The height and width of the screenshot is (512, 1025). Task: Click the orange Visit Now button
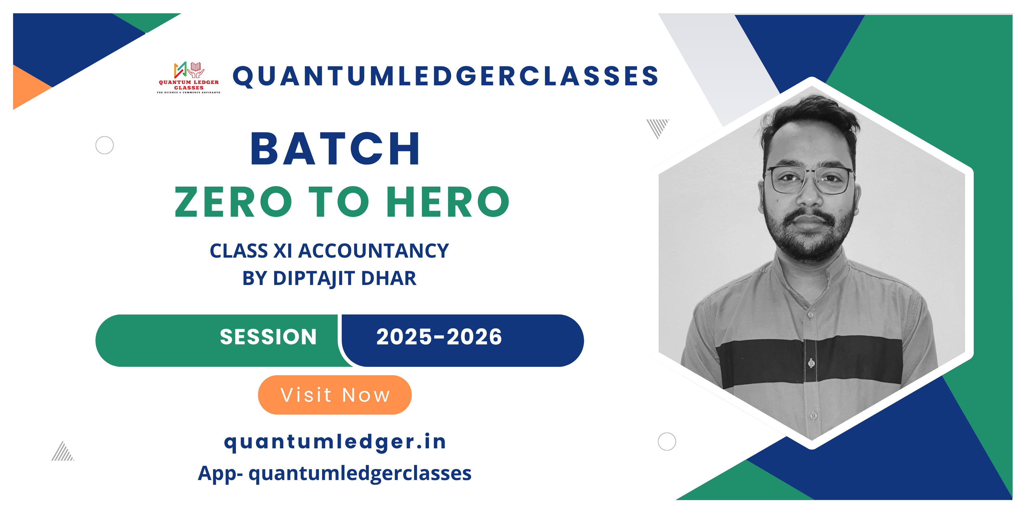click(335, 395)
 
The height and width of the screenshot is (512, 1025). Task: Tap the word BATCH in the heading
click(335, 149)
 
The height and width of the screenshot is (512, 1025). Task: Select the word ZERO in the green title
click(233, 202)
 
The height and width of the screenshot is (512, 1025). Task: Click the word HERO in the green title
click(448, 202)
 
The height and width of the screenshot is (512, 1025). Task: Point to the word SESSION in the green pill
click(268, 337)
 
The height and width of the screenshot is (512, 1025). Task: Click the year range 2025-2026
click(439, 337)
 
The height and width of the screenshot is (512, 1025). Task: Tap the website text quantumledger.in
click(335, 442)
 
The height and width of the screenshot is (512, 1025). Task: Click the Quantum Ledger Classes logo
click(189, 77)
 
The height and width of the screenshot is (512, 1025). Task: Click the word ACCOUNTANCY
click(373, 251)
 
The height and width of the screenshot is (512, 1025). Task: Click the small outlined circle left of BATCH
click(105, 145)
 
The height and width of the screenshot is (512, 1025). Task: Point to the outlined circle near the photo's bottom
click(667, 442)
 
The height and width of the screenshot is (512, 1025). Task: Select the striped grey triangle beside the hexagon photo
click(657, 127)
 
